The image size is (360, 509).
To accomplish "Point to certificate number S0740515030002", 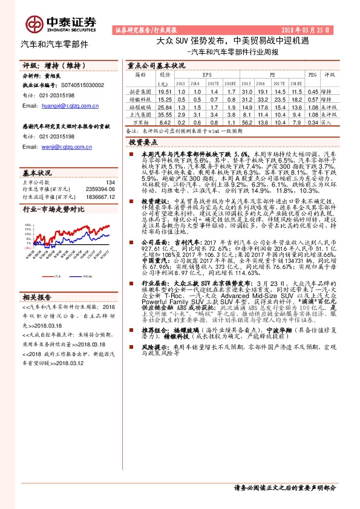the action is coord(77,86).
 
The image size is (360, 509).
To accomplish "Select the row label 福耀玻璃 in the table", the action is coord(139,106).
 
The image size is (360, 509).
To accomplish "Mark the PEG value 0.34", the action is coord(312,122).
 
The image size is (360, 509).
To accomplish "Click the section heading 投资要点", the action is coord(142,141).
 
